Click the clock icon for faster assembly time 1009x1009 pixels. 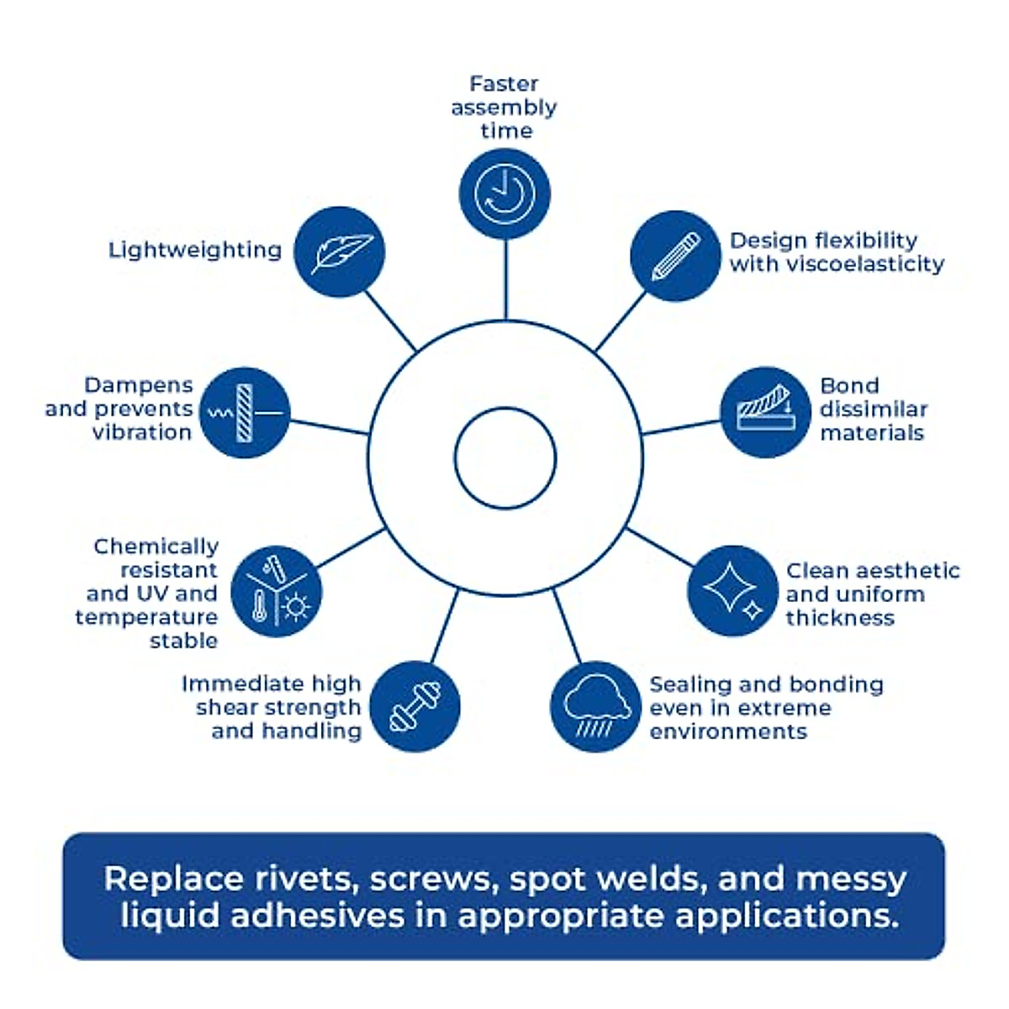click(504, 193)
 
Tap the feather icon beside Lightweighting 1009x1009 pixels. click(341, 251)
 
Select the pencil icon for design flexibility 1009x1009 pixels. click(675, 256)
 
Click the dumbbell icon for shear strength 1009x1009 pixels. click(415, 706)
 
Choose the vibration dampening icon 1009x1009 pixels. click(244, 412)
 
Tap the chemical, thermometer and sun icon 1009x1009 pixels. click(276, 591)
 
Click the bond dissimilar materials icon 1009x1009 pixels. click(765, 411)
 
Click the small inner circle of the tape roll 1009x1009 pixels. click(505, 458)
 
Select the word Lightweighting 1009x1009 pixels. click(195, 251)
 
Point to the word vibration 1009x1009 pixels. click(142, 432)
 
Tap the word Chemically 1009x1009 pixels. click(156, 547)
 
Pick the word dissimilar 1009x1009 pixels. click(874, 409)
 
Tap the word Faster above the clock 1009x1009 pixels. click(504, 84)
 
